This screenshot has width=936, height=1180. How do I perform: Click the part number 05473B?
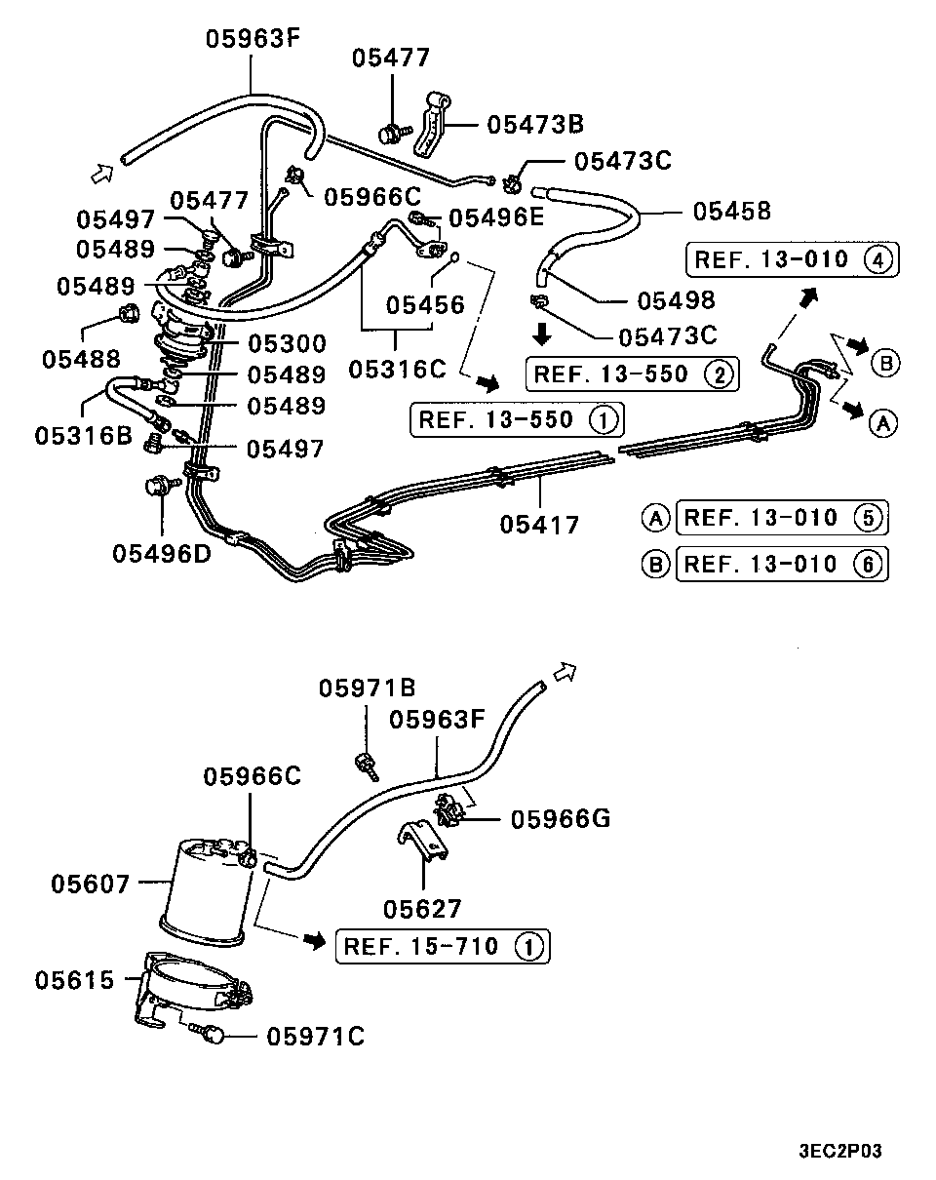(534, 124)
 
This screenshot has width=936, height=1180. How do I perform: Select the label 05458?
(731, 211)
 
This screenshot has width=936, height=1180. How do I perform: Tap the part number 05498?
(675, 300)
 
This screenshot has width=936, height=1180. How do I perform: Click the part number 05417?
(539, 525)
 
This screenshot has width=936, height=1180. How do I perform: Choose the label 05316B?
(84, 435)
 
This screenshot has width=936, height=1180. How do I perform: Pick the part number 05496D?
(161, 553)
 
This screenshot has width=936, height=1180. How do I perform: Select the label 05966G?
(560, 818)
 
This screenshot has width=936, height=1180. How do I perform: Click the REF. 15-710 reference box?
(442, 946)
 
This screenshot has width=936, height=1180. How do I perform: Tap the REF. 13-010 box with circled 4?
(792, 260)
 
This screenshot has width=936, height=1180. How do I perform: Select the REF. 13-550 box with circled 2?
(632, 374)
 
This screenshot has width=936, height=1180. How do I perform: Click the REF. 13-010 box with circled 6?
(781, 564)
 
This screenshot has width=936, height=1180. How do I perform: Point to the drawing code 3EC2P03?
(840, 1151)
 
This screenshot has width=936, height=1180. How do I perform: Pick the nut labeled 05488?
(127, 314)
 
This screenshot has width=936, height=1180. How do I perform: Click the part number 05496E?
(495, 217)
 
